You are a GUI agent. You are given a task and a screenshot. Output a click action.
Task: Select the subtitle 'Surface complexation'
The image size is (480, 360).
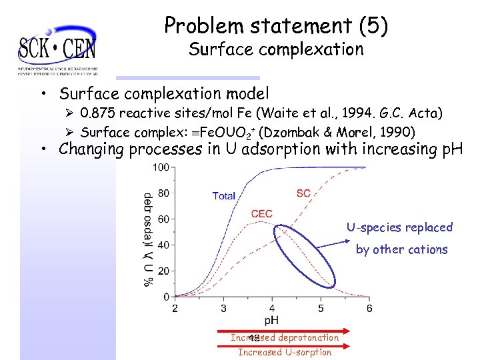point(276,49)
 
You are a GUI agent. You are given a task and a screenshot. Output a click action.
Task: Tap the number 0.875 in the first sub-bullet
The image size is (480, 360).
point(99,113)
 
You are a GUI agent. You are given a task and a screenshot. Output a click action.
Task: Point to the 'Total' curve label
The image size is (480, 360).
point(224,195)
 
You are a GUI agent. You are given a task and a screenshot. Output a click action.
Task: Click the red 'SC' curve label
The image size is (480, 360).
point(303,193)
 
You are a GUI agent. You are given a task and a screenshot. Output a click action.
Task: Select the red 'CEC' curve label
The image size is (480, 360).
point(261,214)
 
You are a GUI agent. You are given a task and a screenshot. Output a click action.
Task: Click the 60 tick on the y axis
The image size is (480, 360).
point(163,219)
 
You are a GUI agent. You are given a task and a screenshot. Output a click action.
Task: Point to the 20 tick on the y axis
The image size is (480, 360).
point(163,271)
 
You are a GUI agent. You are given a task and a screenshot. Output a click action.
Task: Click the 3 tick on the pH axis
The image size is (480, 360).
point(223,308)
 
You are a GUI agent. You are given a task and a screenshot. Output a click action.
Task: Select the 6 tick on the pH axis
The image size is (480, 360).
point(369,308)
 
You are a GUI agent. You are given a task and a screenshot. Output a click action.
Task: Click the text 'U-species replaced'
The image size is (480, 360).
point(399,227)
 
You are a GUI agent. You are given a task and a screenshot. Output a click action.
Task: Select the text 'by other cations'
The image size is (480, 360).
point(401,249)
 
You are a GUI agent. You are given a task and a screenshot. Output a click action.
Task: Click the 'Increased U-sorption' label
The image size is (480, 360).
point(285,352)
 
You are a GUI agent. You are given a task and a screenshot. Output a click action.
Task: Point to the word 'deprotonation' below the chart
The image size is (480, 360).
point(309,338)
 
